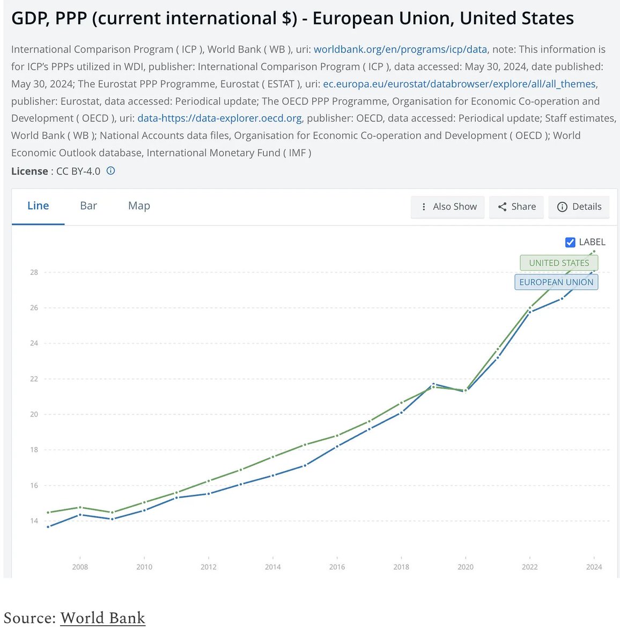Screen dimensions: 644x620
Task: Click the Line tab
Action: point(38,206)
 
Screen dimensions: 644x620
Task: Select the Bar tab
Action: point(88,206)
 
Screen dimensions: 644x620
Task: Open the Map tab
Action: point(139,206)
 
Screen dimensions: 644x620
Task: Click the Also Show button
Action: point(448,207)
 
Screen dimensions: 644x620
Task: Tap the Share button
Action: point(516,207)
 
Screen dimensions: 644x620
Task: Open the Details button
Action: point(579,207)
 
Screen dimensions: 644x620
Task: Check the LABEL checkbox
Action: point(570,243)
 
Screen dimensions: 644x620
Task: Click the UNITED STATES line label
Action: point(559,263)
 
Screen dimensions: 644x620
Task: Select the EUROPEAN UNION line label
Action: point(556,282)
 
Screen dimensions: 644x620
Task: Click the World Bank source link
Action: point(102,618)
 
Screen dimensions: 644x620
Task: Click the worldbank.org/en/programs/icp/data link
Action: point(400,49)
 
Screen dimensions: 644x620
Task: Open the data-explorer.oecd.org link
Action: point(219,118)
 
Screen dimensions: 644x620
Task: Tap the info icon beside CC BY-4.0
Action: point(110,171)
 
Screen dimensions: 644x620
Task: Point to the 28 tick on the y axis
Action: point(34,272)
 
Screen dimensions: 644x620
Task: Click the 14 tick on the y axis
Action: point(34,521)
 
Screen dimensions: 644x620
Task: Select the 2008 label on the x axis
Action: point(80,567)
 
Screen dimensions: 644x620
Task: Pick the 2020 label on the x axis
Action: point(466,567)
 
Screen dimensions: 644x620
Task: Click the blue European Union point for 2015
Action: point(305,465)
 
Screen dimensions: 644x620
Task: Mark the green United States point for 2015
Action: point(305,445)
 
